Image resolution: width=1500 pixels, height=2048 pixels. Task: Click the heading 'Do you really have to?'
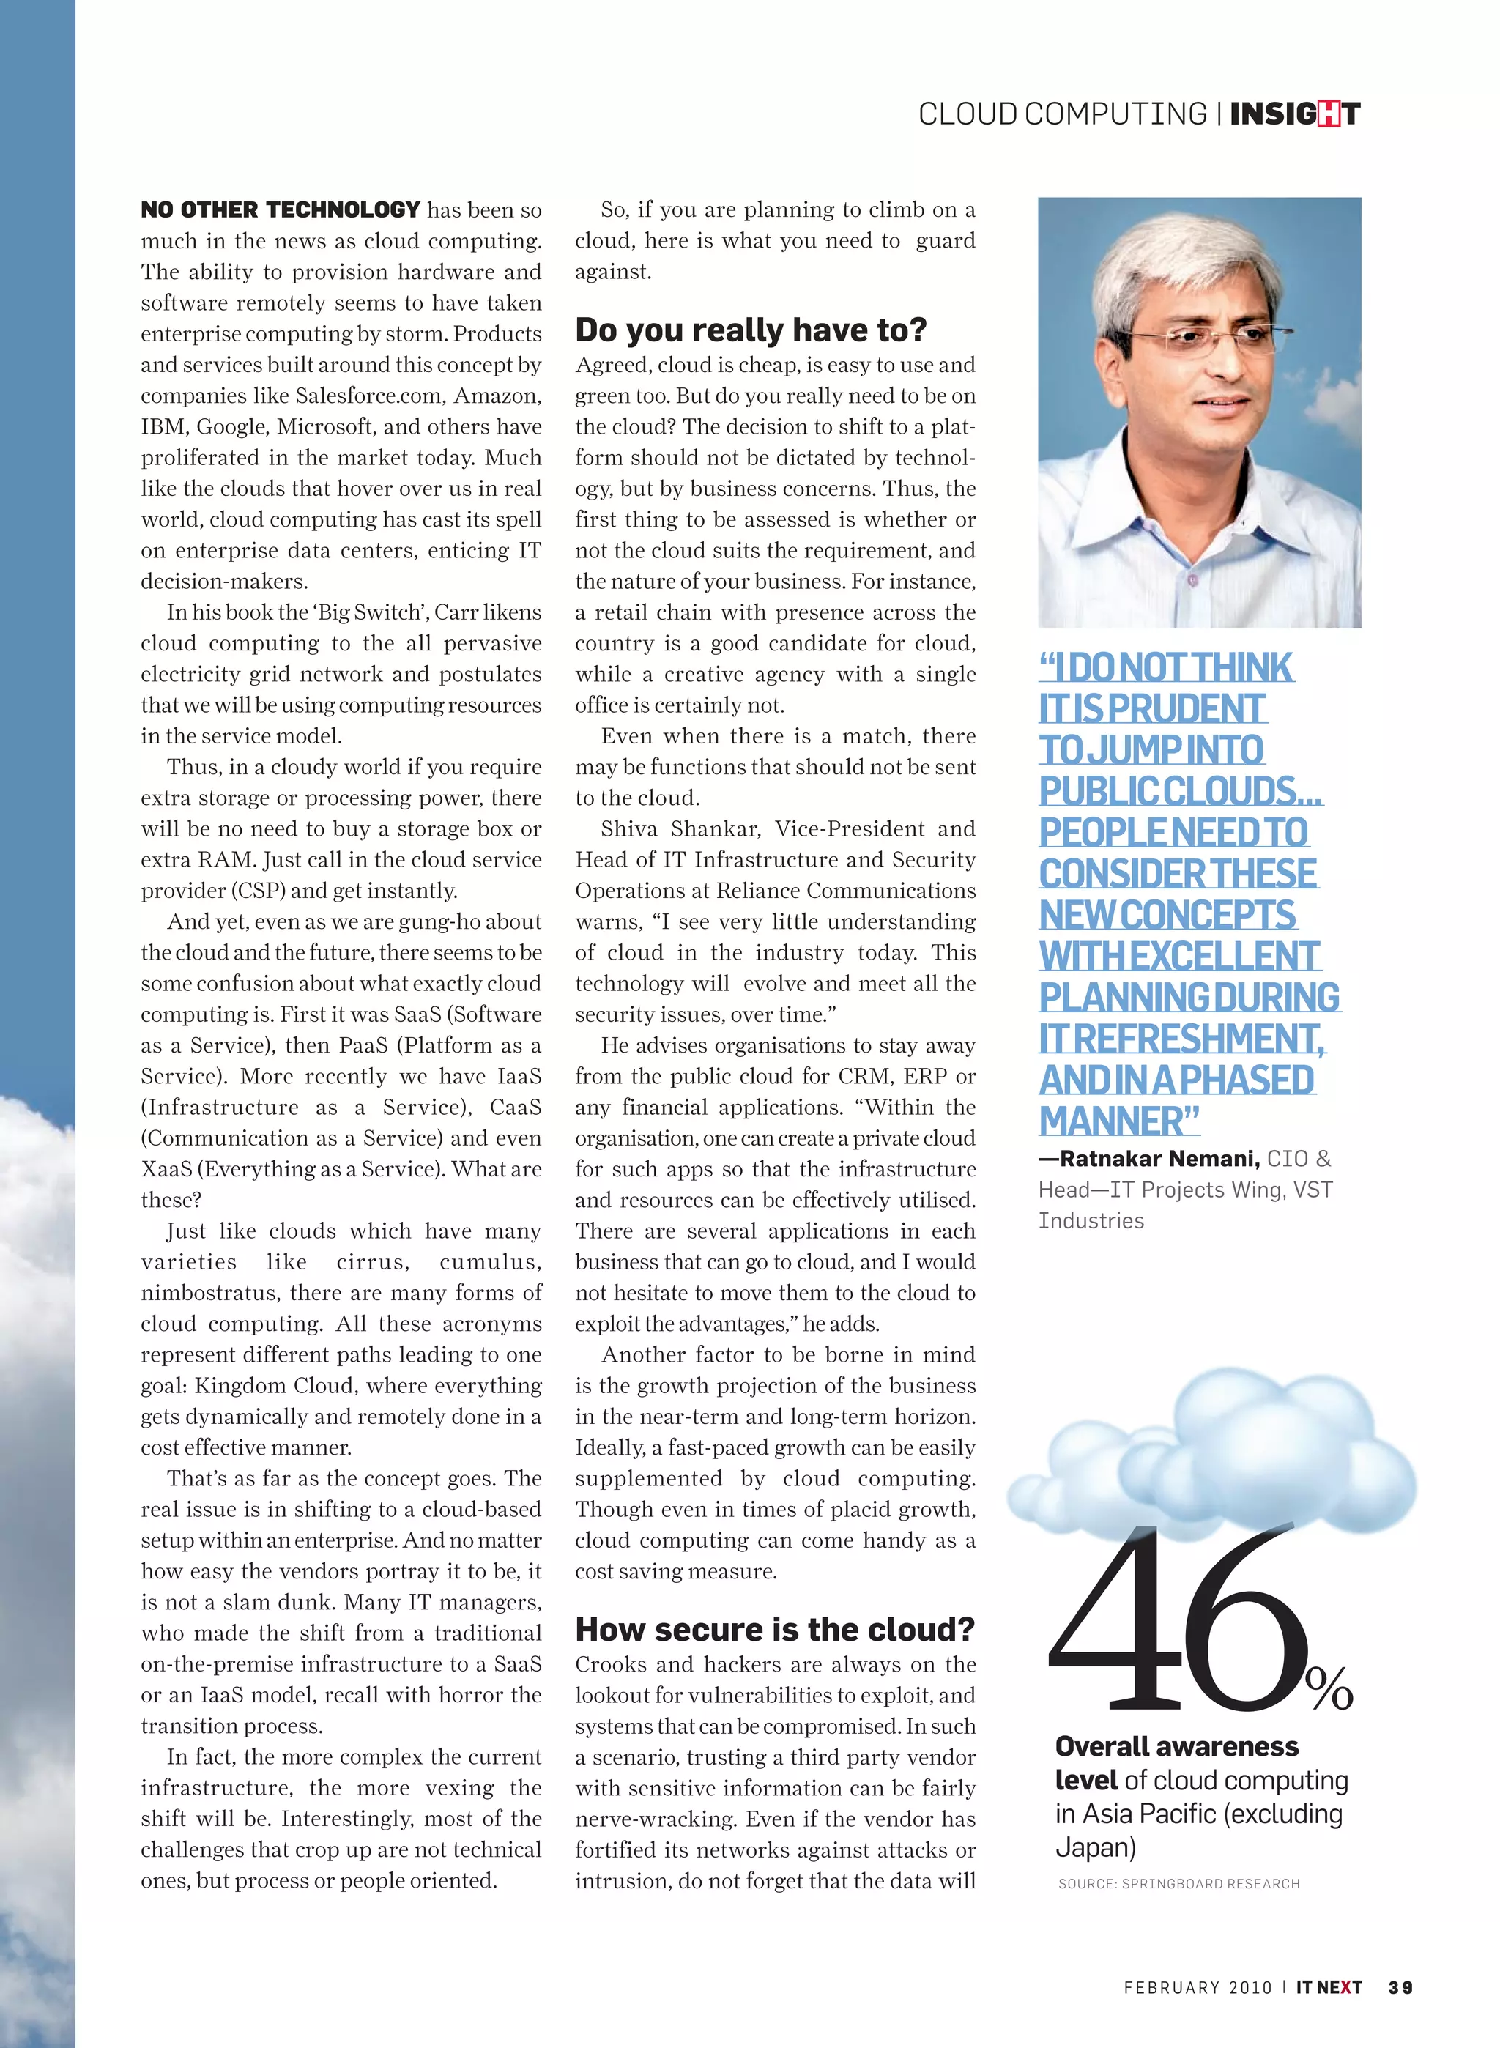[750, 330]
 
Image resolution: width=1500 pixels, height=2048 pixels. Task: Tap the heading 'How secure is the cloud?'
[773, 1630]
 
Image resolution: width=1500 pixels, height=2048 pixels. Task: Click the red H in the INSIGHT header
[1329, 114]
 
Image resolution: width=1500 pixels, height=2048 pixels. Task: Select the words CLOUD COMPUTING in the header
[1061, 114]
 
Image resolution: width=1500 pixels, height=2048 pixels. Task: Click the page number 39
[1400, 1987]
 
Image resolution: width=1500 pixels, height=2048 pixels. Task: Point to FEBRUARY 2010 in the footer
[1197, 1987]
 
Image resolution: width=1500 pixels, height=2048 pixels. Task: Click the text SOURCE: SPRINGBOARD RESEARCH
[1178, 1884]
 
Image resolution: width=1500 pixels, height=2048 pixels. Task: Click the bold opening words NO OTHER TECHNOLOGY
[280, 209]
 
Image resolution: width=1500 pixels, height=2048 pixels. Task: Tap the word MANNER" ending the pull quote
[1118, 1121]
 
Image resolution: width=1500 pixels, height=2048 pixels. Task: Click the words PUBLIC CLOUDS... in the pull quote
[1181, 790]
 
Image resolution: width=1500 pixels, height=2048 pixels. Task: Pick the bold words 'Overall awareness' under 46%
[1176, 1747]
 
